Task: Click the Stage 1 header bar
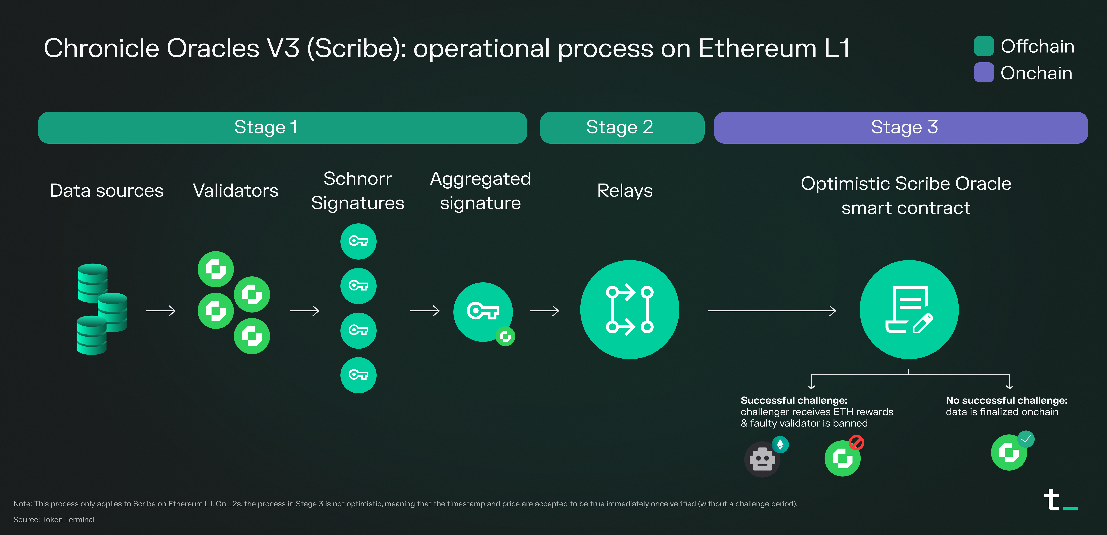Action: point(282,128)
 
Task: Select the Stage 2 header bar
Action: point(622,128)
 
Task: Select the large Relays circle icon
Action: point(630,309)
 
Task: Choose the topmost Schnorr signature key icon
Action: point(358,241)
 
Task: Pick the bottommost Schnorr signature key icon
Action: point(358,375)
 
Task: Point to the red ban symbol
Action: point(856,442)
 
